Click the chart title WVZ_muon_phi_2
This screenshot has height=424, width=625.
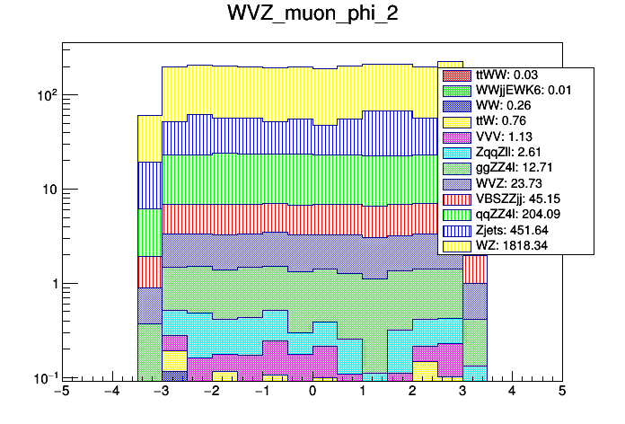(x=312, y=16)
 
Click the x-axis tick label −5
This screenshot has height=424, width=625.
(x=61, y=392)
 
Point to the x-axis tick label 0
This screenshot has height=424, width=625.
(x=312, y=392)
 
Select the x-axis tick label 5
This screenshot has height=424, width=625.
(x=561, y=392)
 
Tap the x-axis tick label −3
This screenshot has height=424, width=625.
(x=161, y=392)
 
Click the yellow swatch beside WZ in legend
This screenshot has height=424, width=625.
(x=456, y=244)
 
